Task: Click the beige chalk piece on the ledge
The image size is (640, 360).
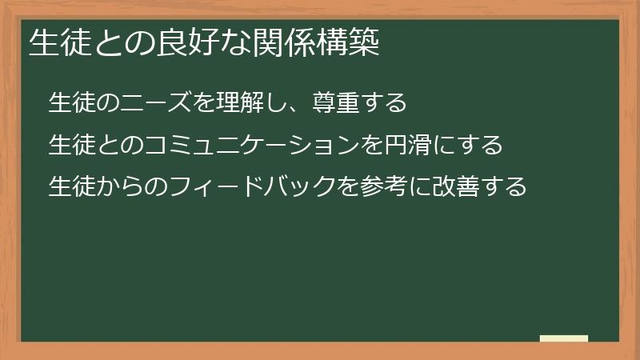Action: point(564,338)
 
